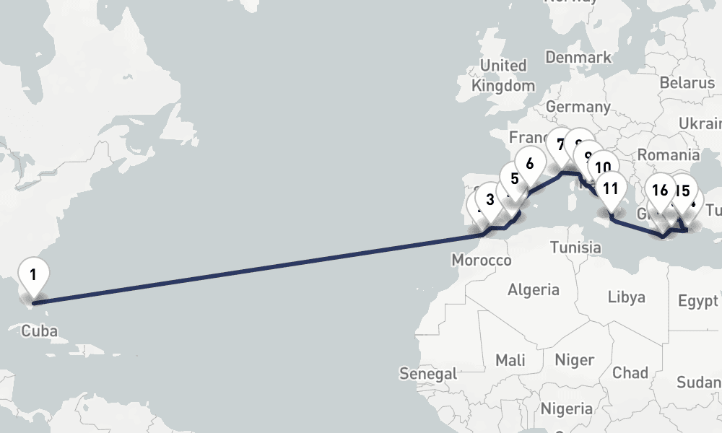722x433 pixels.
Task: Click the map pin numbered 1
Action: (33, 275)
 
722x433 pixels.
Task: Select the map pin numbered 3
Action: (490, 200)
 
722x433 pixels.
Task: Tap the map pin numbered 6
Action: (530, 164)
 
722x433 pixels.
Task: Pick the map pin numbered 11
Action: (611, 190)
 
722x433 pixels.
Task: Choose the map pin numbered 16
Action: (659, 191)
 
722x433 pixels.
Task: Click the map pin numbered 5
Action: (514, 179)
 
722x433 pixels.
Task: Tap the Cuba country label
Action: (38, 331)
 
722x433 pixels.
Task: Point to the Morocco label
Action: (481, 260)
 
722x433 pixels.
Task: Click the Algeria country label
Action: (534, 290)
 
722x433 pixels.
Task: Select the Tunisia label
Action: (575, 248)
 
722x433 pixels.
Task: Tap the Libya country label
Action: (626, 297)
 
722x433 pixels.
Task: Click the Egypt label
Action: (698, 300)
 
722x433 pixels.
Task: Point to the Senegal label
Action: (428, 374)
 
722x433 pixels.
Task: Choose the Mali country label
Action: (510, 359)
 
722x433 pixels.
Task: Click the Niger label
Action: (575, 359)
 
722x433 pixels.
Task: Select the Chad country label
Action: (630, 372)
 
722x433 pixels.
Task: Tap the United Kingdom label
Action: (503, 75)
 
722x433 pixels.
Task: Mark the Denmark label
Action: (578, 57)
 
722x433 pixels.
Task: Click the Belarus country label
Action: (687, 83)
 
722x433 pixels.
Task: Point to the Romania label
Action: (669, 154)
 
